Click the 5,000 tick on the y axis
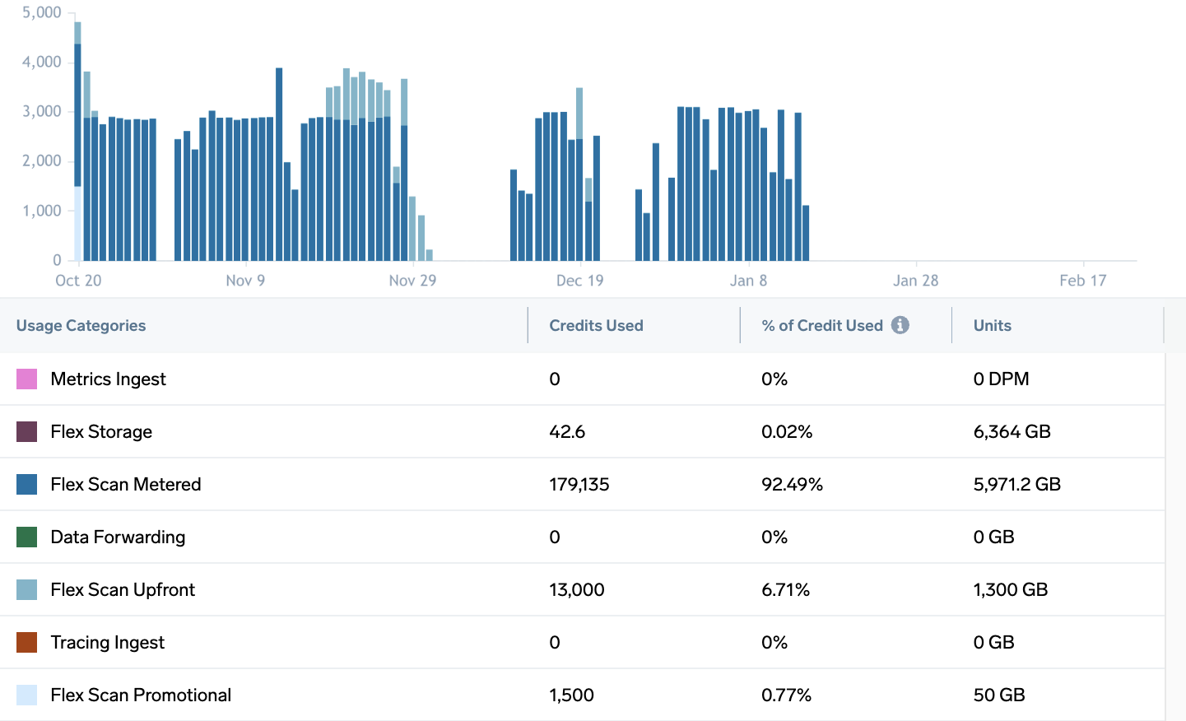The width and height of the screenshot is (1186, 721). pos(41,12)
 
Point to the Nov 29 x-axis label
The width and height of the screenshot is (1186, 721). pos(412,281)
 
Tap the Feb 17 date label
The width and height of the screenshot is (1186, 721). pos(1082,281)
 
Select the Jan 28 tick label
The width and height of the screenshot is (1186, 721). pos(915,281)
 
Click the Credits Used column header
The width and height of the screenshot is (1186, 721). pos(596,325)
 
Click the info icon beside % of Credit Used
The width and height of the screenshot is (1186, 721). pos(900,325)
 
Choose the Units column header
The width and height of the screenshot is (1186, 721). pos(992,325)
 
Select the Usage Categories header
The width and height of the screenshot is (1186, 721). pos(81,325)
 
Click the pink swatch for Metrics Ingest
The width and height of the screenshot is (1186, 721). pos(26,379)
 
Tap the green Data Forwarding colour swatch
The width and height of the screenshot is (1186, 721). pos(26,537)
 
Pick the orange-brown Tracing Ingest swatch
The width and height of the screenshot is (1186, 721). pos(26,642)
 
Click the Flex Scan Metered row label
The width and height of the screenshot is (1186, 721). pos(125,484)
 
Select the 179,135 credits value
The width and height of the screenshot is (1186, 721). pos(579,484)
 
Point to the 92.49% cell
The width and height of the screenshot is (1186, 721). pos(792,484)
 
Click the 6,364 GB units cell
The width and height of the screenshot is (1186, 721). pos(1012,431)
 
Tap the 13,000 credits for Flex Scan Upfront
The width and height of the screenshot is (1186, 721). pos(576,589)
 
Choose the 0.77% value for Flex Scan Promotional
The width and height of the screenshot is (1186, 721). pos(786,695)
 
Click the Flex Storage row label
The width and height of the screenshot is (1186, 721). pos(101,431)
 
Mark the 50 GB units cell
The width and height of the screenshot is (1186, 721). pos(998,695)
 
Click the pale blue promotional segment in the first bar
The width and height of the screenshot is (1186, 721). pos(78,224)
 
